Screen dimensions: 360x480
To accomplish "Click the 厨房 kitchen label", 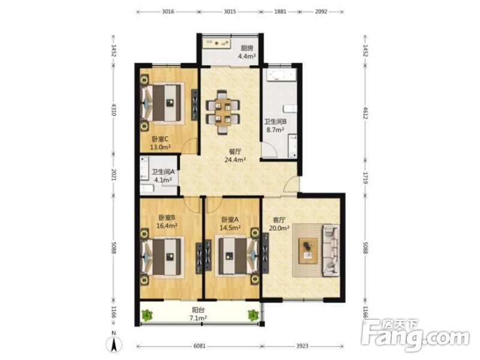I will point(247,48).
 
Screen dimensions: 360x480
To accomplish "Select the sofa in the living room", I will point(331,250).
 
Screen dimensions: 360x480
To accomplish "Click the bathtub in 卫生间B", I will point(280,76).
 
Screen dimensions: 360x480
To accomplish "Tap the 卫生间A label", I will point(163,171).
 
